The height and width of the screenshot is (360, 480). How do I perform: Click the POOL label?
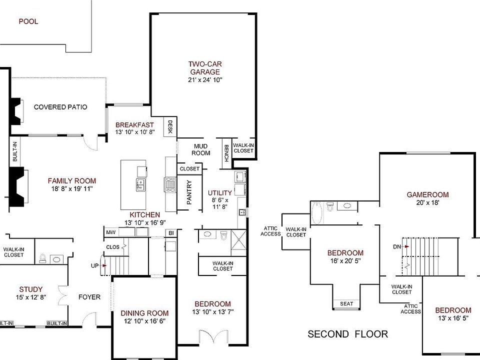[x=28, y=21]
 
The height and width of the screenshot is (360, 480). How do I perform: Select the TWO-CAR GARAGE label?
[x=204, y=67]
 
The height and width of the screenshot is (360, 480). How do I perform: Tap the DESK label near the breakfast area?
[x=170, y=126]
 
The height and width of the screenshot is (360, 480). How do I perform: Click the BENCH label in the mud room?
[x=226, y=153]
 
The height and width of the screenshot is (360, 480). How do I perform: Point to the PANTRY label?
[x=189, y=193]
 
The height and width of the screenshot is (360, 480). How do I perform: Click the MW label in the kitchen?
[x=110, y=232]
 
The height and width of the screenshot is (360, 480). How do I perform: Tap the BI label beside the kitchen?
[x=171, y=233]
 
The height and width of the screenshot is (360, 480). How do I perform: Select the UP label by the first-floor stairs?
[x=94, y=265]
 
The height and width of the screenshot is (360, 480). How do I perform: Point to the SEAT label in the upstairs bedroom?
[x=346, y=303]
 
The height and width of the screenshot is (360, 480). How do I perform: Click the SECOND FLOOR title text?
[x=347, y=333]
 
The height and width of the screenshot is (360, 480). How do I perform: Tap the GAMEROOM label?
[x=427, y=195]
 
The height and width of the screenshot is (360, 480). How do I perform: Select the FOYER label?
[x=89, y=297]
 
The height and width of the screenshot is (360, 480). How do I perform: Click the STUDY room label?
[x=30, y=289]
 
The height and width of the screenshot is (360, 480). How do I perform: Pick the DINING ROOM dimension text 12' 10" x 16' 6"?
[x=144, y=322]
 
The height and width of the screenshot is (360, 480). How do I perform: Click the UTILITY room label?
[x=220, y=193]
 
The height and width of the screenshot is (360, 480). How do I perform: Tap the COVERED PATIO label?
[x=60, y=107]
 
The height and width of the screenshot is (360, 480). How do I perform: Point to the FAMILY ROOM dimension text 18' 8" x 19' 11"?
[x=71, y=188]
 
